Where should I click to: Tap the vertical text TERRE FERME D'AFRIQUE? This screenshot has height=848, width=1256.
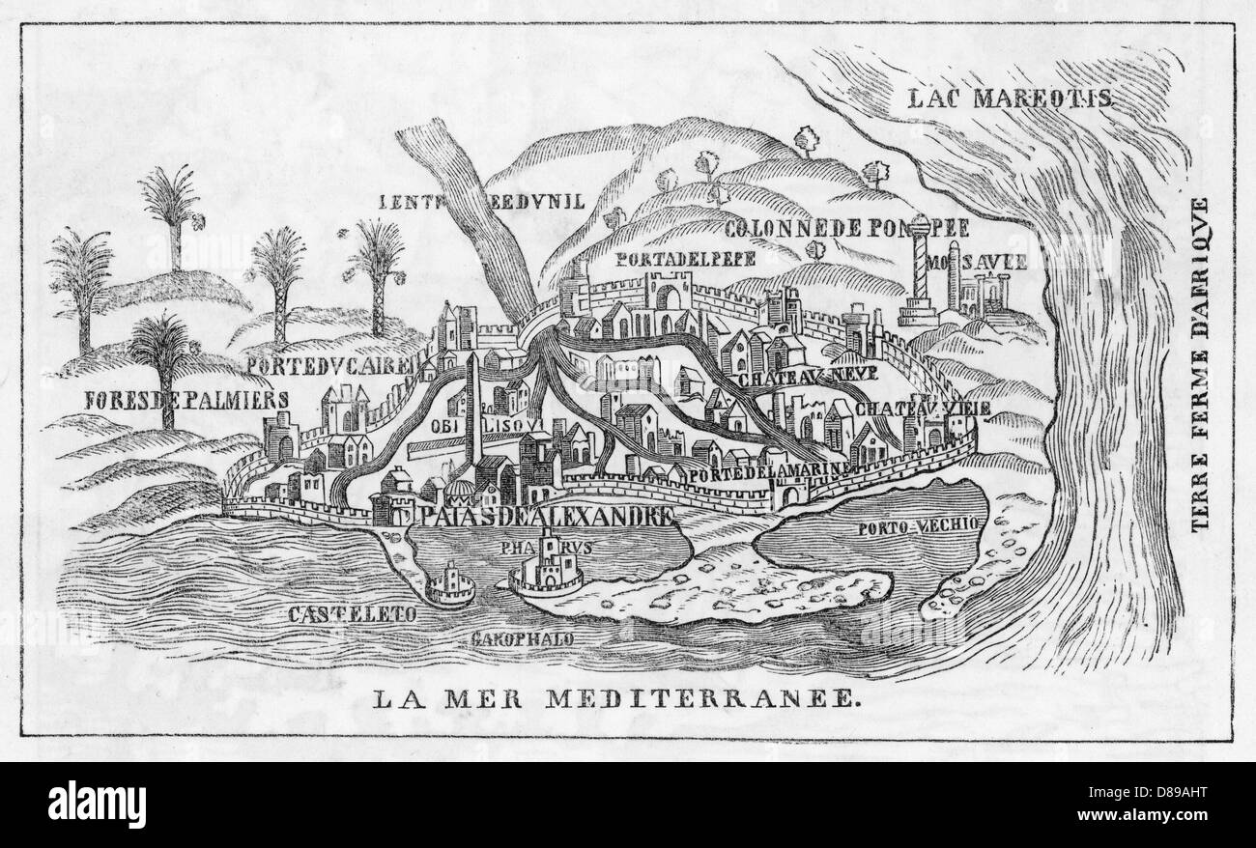pyautogui.click(x=1201, y=366)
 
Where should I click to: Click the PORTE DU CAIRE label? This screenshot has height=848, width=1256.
pyautogui.click(x=329, y=364)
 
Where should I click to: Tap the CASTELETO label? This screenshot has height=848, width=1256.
pyautogui.click(x=351, y=613)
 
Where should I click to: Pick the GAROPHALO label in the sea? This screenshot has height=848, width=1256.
pyautogui.click(x=523, y=639)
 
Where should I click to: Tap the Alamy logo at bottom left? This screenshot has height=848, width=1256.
pyautogui.click(x=73, y=803)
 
